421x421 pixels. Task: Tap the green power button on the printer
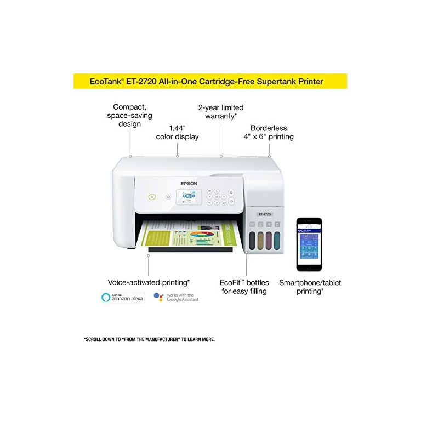pos(152,196)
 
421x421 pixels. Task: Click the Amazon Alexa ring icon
pos(106,297)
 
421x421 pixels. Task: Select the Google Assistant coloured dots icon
pos(159,297)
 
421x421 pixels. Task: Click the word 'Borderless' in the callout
pos(269,127)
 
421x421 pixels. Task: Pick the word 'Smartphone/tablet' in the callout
pos(310,282)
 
